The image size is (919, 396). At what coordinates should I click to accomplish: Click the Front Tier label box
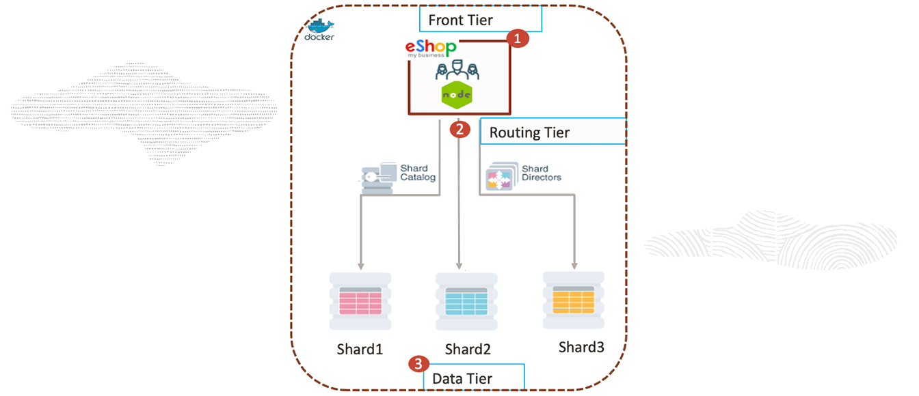click(479, 19)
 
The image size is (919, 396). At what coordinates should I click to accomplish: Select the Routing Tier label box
click(552, 132)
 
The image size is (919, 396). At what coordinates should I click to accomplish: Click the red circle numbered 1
click(517, 39)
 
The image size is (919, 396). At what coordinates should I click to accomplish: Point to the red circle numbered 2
click(460, 128)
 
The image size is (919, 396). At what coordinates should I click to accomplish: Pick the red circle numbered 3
click(418, 364)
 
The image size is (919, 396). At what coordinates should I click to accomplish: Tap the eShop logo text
click(430, 48)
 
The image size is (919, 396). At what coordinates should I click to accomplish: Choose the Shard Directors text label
click(541, 173)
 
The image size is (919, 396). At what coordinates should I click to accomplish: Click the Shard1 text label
click(360, 349)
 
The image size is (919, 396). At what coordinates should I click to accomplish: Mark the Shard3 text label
click(581, 347)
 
